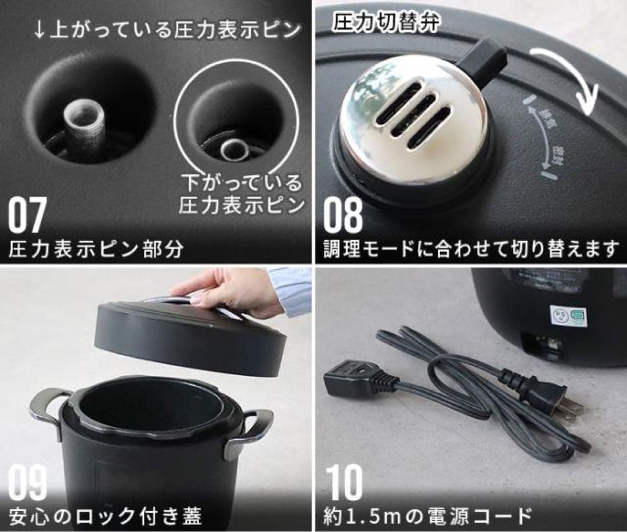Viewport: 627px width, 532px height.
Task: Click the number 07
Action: coord(27,216)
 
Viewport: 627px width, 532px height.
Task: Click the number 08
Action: coord(343,216)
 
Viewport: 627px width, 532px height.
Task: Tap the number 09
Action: coord(27,483)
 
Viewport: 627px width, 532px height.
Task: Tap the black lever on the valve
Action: coord(484,60)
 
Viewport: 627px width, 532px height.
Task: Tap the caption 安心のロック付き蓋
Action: coord(105,515)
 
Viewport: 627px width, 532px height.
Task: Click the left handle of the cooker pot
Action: coord(48,409)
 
